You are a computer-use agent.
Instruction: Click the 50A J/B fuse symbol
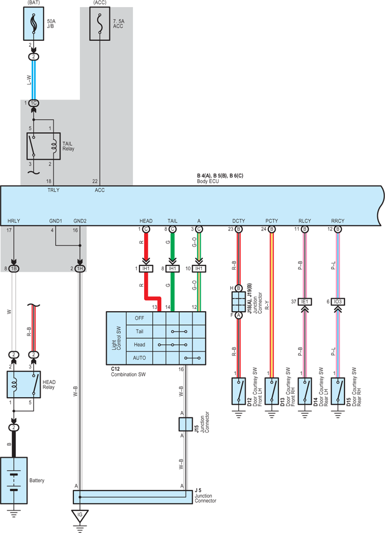pos(34,24)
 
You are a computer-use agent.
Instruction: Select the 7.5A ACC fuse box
pos(100,24)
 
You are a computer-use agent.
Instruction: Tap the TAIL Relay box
pos(43,146)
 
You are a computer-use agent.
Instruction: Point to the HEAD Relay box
pos(24,385)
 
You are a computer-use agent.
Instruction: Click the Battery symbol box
pos(14,480)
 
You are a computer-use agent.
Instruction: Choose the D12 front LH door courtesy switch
pos(239,391)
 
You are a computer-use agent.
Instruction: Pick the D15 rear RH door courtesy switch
pos(338,391)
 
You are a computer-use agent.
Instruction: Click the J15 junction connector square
pos(185,424)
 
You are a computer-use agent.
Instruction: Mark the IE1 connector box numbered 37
pos(305,301)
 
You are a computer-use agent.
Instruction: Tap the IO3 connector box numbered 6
pos(338,301)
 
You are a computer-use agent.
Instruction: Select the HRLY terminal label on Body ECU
pos(14,221)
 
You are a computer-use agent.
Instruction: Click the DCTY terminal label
pos(239,221)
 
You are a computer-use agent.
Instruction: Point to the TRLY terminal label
pos(53,190)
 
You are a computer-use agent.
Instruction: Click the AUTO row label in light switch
pos(140,358)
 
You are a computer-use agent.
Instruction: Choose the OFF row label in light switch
pos(140,318)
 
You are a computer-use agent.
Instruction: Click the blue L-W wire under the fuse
pos(34,80)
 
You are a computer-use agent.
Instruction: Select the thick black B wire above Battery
pos(14,444)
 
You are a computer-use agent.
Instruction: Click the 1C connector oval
pos(33,103)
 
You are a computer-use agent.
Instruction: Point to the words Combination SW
pos(128,374)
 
